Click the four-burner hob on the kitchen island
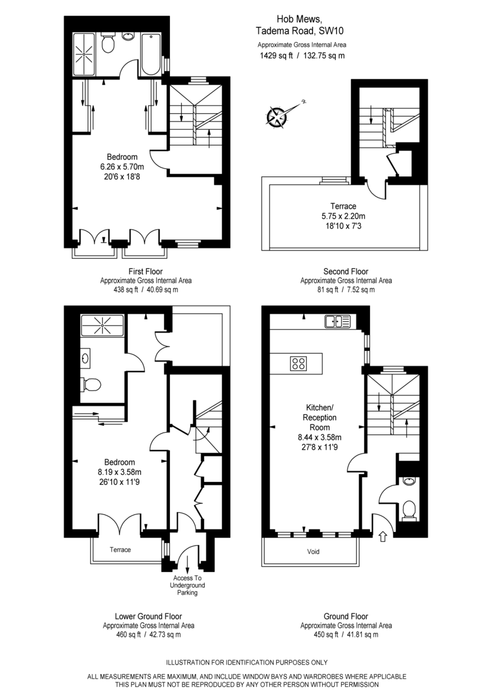tap(299, 364)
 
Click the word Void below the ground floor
tap(313, 552)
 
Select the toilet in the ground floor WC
tap(410, 509)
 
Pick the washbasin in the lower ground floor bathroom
tap(86, 358)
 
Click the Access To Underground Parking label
tap(187, 585)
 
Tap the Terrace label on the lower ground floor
tap(121, 549)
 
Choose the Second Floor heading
tap(345, 271)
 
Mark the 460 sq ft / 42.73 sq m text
tap(148, 635)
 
